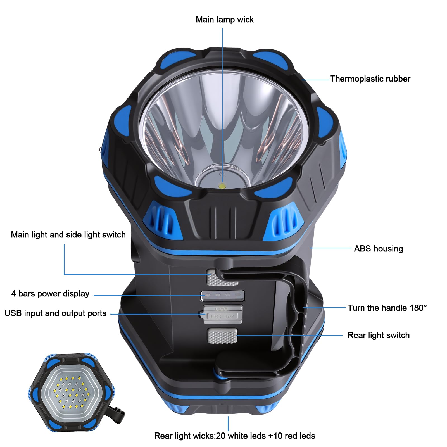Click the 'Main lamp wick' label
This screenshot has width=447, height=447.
click(x=225, y=20)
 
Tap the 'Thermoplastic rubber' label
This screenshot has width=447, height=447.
click(x=370, y=79)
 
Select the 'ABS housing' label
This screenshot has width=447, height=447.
click(x=379, y=249)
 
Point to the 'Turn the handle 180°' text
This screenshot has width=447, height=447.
click(x=387, y=308)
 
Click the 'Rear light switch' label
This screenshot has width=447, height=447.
click(x=379, y=335)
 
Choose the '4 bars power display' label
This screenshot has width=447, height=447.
click(x=50, y=294)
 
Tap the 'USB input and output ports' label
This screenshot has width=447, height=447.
click(x=55, y=313)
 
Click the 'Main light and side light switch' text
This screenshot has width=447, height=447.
click(x=68, y=235)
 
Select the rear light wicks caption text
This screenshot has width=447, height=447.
click(x=235, y=436)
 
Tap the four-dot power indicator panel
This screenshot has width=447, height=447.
click(x=223, y=295)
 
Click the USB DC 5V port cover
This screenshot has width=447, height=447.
click(x=222, y=314)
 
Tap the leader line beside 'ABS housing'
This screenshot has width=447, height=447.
click(x=331, y=248)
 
